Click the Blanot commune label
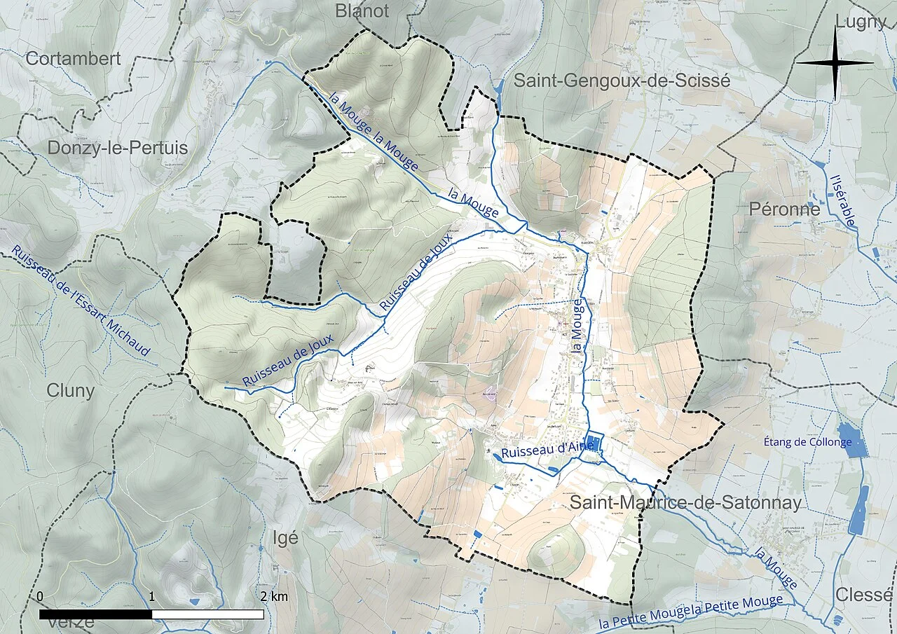(362, 11)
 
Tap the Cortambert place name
(73, 59)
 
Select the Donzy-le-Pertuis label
(118, 148)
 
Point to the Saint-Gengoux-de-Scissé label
(622, 81)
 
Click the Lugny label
(861, 22)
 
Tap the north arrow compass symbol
(835, 63)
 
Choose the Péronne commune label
(784, 209)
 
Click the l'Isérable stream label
(842, 200)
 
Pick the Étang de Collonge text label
(807, 442)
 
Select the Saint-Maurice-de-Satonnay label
(685, 502)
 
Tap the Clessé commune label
(864, 595)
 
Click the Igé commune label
(285, 538)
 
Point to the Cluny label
(70, 391)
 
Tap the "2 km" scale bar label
(273, 597)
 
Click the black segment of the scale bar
(95, 614)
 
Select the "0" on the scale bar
(40, 597)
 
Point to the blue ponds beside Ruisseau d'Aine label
(594, 443)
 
